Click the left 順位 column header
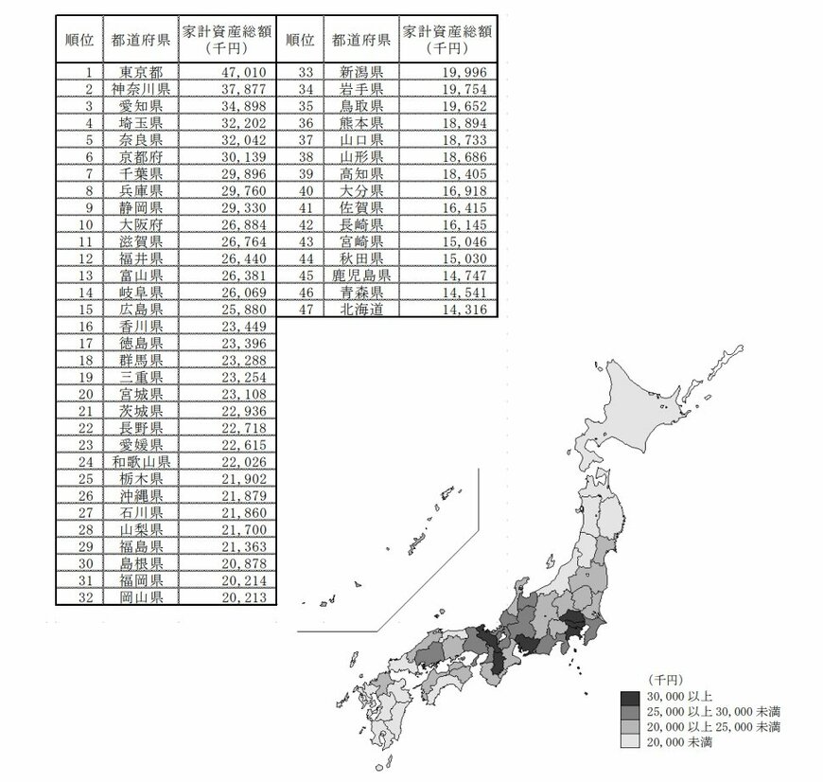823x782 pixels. (78, 40)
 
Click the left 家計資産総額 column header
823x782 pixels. (227, 40)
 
